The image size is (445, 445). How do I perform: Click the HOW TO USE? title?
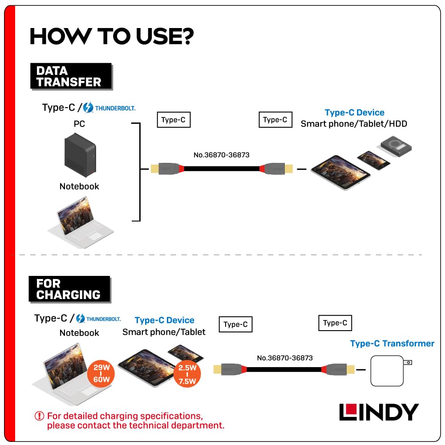(111, 36)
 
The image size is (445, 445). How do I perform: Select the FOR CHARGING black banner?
(69, 289)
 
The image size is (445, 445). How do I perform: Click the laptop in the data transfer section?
(80, 221)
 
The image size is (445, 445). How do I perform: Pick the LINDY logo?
(379, 412)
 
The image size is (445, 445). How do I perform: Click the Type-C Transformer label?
(392, 344)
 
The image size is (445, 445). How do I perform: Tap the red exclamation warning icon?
(40, 416)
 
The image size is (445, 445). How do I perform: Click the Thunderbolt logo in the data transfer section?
(109, 108)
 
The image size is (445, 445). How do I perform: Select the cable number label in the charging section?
(285, 358)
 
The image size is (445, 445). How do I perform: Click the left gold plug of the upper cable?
(155, 169)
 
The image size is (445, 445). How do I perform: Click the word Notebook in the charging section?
(79, 333)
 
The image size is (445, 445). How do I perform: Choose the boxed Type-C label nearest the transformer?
(335, 323)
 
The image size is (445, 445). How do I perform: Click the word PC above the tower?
(79, 124)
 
